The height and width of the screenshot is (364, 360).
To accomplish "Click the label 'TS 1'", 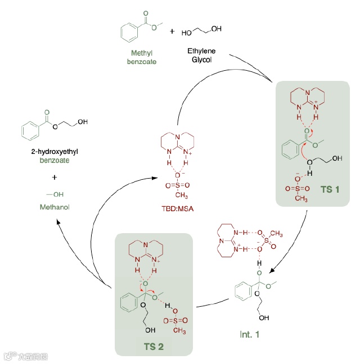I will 330,189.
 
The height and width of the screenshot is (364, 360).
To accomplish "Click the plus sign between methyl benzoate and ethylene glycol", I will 172,31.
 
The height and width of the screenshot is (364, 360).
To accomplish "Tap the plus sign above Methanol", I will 55,178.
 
